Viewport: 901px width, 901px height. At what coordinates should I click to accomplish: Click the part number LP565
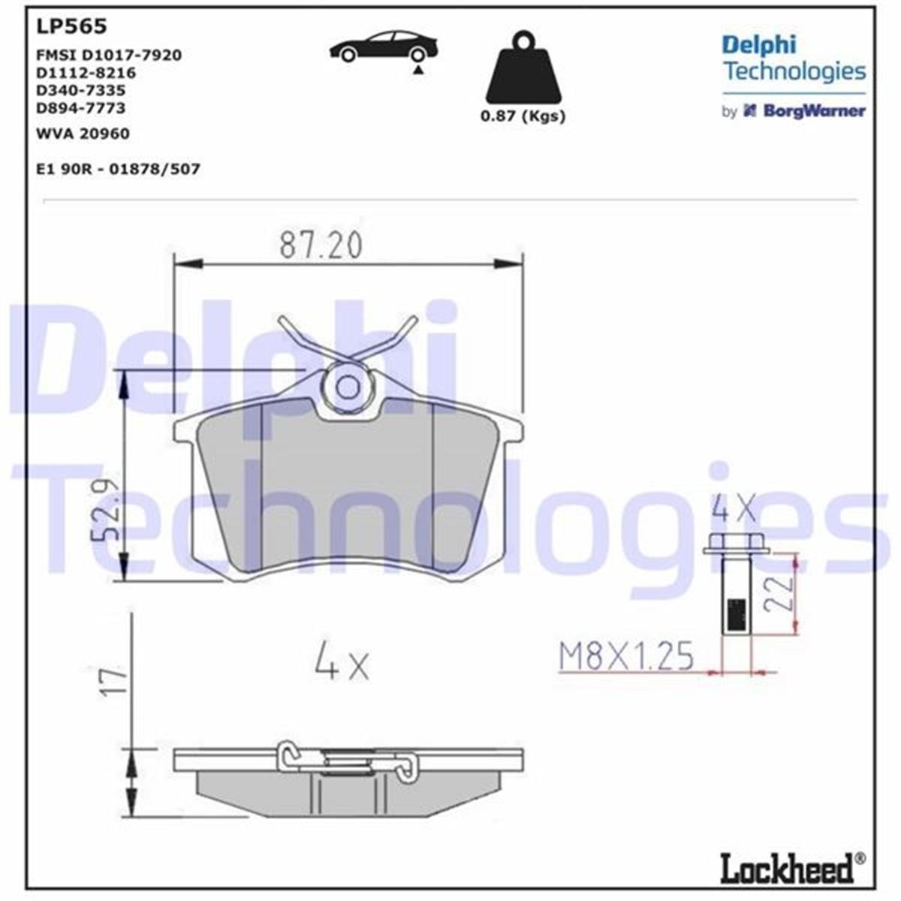(x=71, y=27)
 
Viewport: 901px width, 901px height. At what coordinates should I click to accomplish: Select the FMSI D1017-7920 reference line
(x=109, y=55)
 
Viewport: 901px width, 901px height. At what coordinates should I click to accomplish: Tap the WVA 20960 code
(x=83, y=134)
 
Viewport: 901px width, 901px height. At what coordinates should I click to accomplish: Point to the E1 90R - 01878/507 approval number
(x=118, y=169)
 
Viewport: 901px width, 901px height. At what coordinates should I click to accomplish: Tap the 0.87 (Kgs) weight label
(x=523, y=116)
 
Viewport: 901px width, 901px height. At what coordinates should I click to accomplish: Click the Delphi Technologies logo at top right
(x=793, y=59)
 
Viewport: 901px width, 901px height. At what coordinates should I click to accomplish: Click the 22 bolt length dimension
(x=781, y=592)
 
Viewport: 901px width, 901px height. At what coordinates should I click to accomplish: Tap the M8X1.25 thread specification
(x=626, y=657)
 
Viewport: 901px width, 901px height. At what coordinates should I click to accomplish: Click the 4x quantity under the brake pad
(x=342, y=661)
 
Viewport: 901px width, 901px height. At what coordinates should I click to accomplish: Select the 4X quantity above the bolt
(x=734, y=510)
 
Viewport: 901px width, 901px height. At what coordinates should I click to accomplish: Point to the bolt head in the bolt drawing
(x=736, y=545)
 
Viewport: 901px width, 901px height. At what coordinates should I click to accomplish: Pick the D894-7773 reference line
(x=81, y=108)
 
